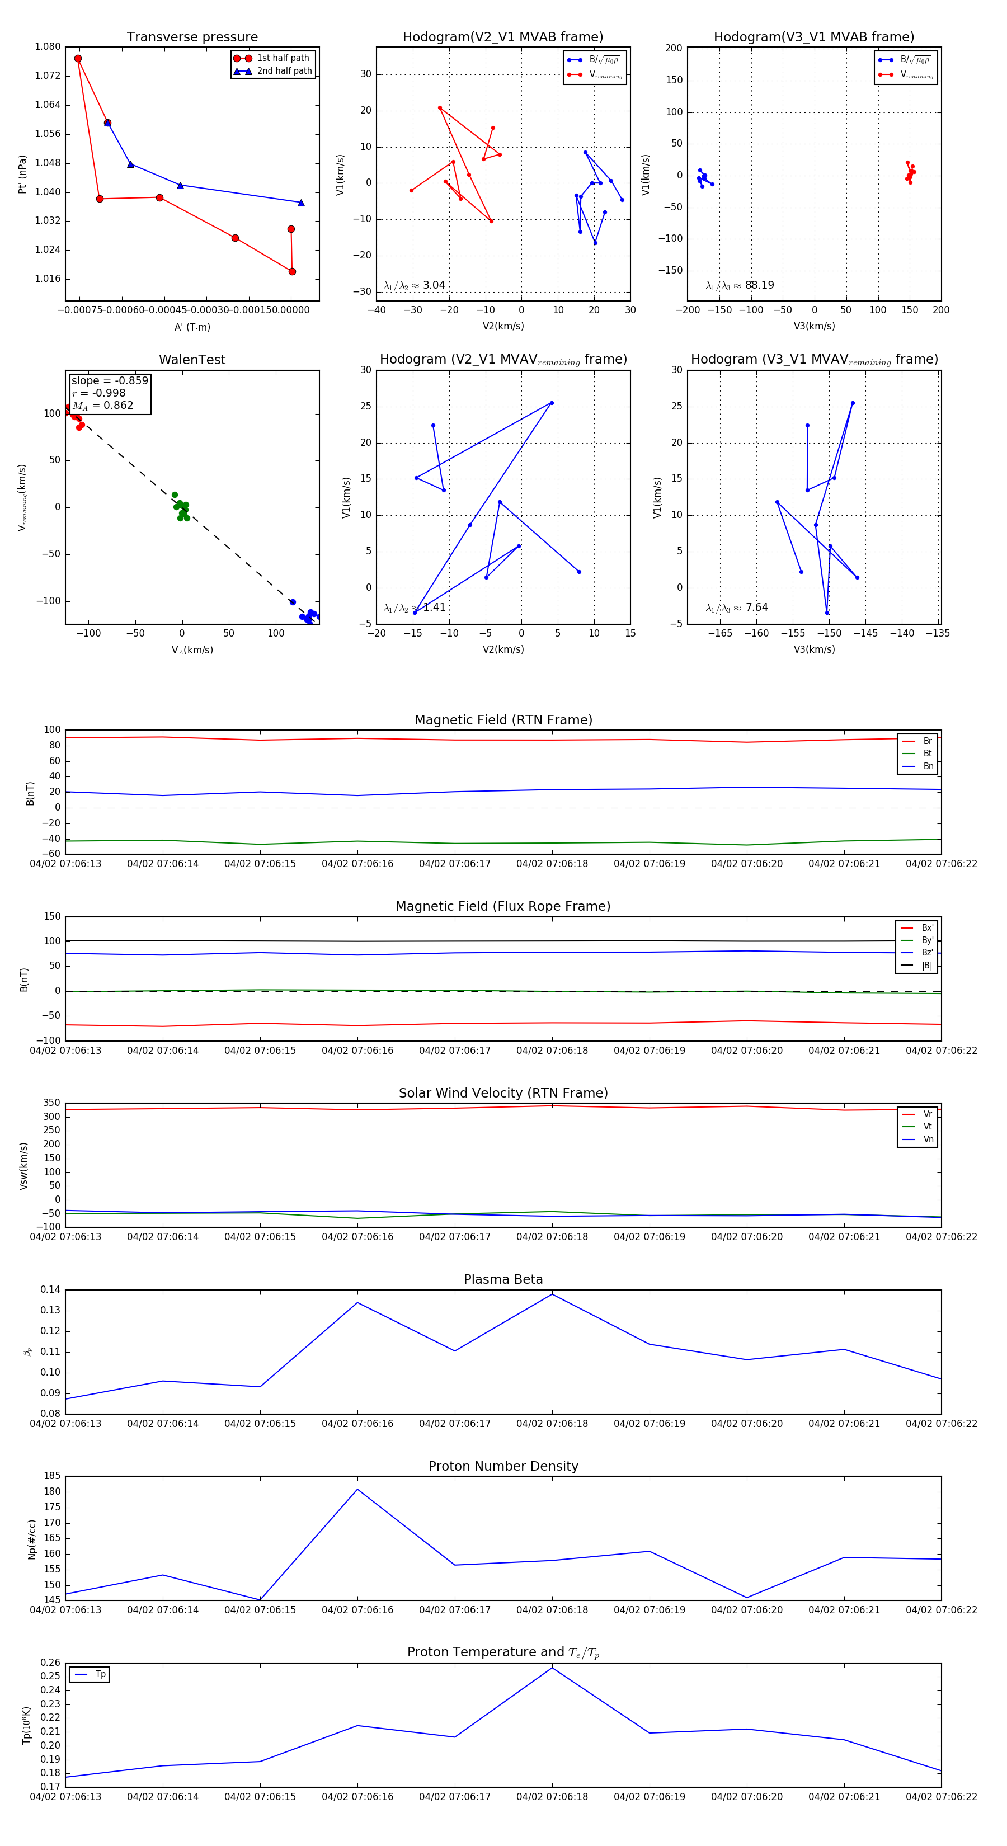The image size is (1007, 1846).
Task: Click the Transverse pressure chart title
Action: click(x=192, y=37)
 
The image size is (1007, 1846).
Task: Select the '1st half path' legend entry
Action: click(x=283, y=58)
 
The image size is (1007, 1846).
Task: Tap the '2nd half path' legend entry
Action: click(x=284, y=71)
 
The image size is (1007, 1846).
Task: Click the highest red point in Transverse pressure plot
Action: click(x=78, y=59)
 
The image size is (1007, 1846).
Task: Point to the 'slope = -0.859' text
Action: click(x=110, y=380)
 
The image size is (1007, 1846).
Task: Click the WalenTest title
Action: click(x=192, y=360)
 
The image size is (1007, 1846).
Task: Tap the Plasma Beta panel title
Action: click(x=503, y=1279)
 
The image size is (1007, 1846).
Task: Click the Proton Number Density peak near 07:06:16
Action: click(x=357, y=1489)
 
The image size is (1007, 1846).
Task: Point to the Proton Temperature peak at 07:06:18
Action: click(x=552, y=1668)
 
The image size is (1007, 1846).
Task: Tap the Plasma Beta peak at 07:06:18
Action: click(x=552, y=1294)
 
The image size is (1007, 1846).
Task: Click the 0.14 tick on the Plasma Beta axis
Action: click(x=50, y=1289)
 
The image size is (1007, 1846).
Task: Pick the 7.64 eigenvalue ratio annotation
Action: click(x=756, y=608)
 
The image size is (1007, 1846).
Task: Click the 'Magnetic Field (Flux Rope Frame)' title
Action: click(x=503, y=907)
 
